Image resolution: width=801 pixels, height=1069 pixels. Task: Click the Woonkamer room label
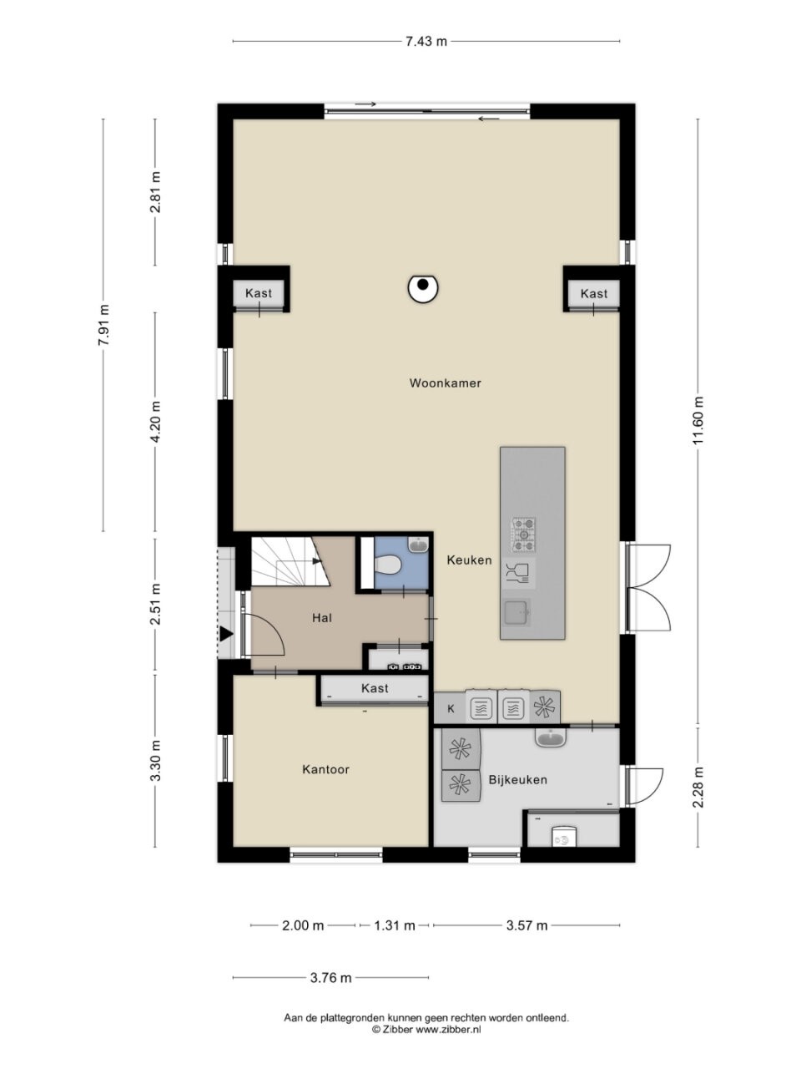(x=445, y=383)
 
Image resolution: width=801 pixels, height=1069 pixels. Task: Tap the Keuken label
(x=469, y=560)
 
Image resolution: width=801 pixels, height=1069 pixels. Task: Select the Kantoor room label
(x=326, y=769)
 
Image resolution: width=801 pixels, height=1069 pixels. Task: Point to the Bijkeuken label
(x=518, y=780)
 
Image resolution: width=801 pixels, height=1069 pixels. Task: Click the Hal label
(x=322, y=618)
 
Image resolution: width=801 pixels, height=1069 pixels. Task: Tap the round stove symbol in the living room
(x=423, y=289)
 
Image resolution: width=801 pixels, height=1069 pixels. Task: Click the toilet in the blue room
(x=388, y=565)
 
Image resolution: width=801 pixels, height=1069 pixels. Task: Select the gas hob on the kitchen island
(x=523, y=535)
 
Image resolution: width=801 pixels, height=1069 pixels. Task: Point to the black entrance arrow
(x=226, y=634)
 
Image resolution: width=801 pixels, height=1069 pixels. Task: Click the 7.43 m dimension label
(x=426, y=42)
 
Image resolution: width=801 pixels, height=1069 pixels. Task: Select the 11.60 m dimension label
(x=698, y=420)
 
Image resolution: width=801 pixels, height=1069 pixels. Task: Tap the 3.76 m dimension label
(x=330, y=977)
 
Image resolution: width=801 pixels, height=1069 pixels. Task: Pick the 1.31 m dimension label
(x=395, y=925)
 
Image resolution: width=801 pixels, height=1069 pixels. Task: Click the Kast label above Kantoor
(x=375, y=688)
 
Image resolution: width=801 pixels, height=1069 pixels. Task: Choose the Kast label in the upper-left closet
(x=259, y=293)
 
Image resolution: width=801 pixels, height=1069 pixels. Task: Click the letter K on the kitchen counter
(x=451, y=708)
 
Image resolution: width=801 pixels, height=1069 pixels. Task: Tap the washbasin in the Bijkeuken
(x=552, y=738)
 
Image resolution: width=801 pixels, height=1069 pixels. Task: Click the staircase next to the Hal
(x=290, y=561)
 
